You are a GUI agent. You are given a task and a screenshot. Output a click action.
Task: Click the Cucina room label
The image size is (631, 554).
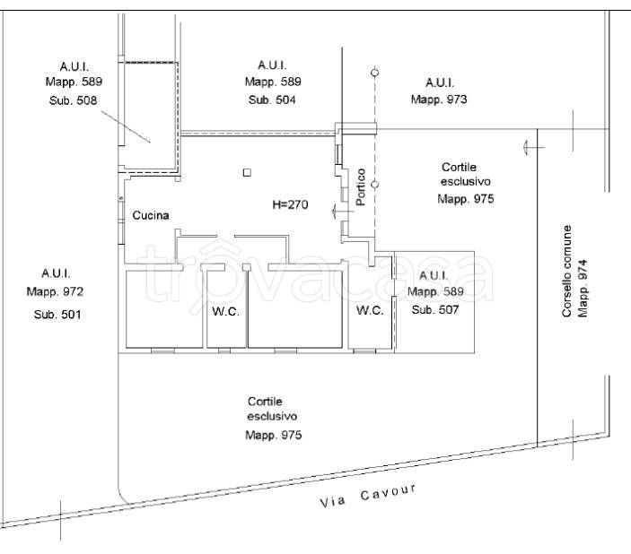point(151,215)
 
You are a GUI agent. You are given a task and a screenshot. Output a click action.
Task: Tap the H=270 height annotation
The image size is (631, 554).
point(290,204)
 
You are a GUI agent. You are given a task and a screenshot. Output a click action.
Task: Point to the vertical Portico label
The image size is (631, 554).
point(361,187)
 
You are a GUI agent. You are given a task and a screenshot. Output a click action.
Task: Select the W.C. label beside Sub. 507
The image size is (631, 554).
point(370,310)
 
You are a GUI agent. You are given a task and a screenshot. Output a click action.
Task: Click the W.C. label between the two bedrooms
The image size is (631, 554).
point(226,311)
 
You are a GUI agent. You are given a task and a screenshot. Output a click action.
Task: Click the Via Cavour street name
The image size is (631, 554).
point(368,496)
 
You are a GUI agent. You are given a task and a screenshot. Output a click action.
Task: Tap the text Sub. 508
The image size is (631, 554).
point(74,100)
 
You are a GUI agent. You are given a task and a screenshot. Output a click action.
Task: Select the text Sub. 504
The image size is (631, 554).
point(272,100)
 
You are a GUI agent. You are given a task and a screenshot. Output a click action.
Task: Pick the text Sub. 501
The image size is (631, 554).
point(57,315)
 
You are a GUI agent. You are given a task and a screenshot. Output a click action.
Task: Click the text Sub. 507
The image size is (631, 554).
point(435,309)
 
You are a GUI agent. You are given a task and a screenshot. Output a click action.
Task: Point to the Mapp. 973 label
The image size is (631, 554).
point(439,100)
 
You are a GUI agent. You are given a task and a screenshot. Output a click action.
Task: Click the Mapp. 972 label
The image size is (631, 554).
point(55,291)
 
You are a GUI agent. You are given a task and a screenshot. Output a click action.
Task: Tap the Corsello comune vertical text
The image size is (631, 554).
point(566,271)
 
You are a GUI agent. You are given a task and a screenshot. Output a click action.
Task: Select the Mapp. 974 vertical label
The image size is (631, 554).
point(583,289)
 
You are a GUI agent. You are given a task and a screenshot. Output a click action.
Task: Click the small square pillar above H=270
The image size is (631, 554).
point(247,172)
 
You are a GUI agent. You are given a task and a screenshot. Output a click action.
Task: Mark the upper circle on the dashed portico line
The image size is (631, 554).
point(374,73)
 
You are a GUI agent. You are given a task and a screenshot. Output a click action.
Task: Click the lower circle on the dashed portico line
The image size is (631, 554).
point(374,185)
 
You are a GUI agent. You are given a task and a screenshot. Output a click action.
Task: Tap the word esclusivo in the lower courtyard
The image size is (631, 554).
point(272,416)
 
